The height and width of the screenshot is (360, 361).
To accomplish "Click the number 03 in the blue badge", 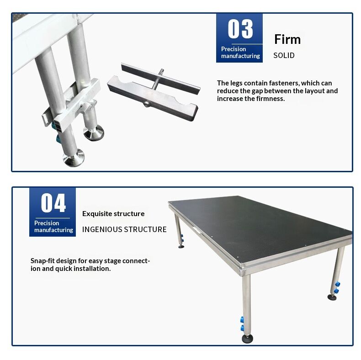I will click(240, 28).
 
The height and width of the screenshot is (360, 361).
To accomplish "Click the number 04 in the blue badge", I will click(53, 202).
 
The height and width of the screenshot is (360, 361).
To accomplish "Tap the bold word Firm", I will click(287, 39).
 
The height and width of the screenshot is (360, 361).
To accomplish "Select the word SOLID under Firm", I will click(284, 55).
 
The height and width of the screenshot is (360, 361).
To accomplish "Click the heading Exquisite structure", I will click(113, 213).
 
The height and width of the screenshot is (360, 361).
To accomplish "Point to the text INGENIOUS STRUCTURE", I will click(124, 229).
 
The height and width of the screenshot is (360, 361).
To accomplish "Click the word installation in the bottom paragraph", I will click(90, 269).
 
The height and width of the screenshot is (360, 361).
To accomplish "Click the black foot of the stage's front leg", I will click(248, 339).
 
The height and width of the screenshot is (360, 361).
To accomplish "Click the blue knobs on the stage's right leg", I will click(337, 288).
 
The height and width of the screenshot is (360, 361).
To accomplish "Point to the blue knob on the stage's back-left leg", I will click(181, 238).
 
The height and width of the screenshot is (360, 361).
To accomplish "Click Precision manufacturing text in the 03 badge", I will click(240, 53).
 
